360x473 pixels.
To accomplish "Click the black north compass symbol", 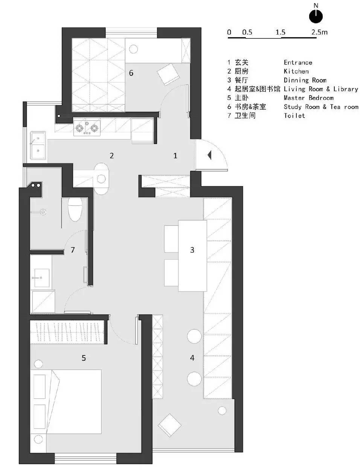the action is point(316,16).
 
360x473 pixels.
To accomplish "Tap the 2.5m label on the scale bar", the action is point(319,32).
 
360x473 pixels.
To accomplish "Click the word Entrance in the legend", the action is point(298,63).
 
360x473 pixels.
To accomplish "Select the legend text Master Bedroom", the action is point(308,98).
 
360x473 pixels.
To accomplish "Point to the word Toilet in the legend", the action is point(294,115).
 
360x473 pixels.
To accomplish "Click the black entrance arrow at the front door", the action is point(209,155).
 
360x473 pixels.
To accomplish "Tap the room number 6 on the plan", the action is point(131,73).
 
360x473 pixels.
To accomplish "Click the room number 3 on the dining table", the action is point(192,250).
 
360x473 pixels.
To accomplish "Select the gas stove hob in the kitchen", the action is point(87,128).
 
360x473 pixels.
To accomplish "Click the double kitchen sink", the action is point(38,145).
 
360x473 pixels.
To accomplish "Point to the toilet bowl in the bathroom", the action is point(75,210).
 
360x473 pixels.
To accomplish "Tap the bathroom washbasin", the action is point(42,278).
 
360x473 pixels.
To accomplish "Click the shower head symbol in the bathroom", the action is point(43,212).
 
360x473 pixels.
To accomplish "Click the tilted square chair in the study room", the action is point(168,74).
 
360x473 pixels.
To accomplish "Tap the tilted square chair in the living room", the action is point(169,425).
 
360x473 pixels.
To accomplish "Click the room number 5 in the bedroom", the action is point(84,358).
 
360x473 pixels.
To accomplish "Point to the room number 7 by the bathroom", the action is point(73,250).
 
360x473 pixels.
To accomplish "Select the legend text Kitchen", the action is point(296,71).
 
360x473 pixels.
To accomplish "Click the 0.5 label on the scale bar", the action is point(247,32).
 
